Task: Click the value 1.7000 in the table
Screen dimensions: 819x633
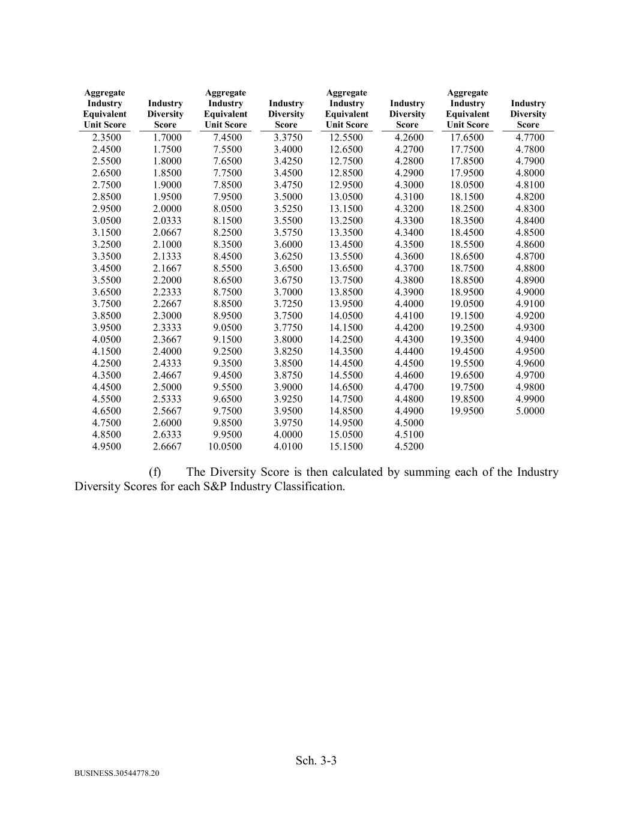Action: click(x=167, y=137)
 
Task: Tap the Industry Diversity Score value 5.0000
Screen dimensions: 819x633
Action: click(x=530, y=411)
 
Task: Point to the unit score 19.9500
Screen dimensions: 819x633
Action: click(x=467, y=411)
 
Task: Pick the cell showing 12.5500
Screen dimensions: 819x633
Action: click(x=346, y=137)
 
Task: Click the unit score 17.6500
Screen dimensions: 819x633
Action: click(x=467, y=137)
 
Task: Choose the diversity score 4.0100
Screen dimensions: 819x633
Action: click(x=288, y=446)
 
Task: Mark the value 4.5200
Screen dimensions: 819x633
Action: click(x=409, y=446)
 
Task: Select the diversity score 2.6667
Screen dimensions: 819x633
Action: click(x=167, y=446)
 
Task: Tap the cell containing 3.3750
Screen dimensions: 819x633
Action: click(x=288, y=137)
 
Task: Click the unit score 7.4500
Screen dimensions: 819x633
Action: click(x=227, y=137)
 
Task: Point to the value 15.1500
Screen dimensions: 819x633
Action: click(x=346, y=446)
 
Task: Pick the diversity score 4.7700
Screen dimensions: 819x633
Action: click(x=530, y=137)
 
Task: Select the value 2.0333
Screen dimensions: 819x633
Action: click(x=167, y=220)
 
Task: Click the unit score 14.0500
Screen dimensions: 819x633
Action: click(x=346, y=316)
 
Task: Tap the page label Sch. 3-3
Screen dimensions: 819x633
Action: click(x=316, y=761)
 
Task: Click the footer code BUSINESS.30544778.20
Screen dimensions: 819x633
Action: click(x=117, y=773)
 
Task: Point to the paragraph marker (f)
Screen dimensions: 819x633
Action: click(x=155, y=472)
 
